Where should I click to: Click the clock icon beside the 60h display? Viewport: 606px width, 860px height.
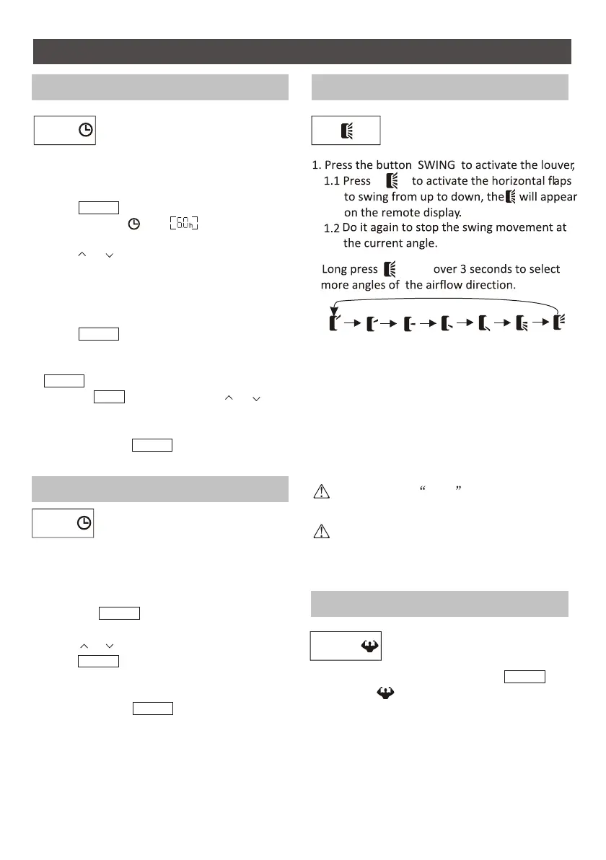pyautogui.click(x=133, y=224)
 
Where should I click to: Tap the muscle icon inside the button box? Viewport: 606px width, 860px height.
pyautogui.click(x=370, y=646)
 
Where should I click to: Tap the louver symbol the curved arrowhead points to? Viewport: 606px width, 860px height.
pyautogui.click(x=333, y=322)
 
